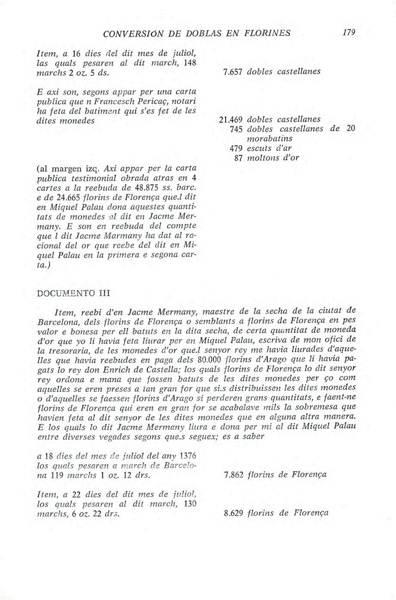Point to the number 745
pyautogui.click(x=237, y=129)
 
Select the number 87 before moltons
pyautogui.click(x=239, y=158)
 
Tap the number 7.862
pyautogui.click(x=235, y=474)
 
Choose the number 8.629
pyautogui.click(x=235, y=513)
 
